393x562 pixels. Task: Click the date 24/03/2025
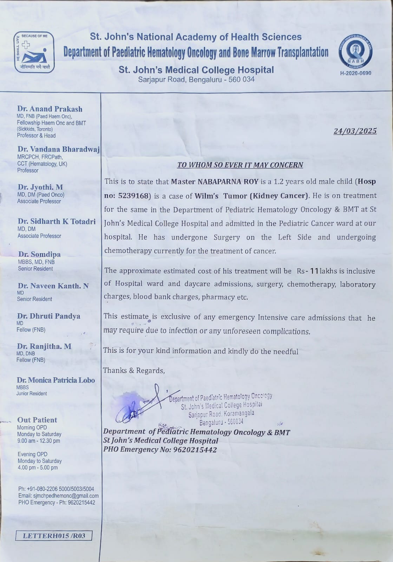tap(355, 131)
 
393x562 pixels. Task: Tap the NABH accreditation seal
tap(355, 53)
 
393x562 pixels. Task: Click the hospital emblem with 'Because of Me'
tap(34, 52)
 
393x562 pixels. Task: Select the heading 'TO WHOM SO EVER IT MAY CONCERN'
tap(240, 165)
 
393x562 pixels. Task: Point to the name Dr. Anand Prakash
tap(50, 109)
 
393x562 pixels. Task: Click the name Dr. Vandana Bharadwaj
tap(58, 149)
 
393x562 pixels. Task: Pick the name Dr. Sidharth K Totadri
tap(57, 221)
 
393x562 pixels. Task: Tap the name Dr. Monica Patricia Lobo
tap(56, 380)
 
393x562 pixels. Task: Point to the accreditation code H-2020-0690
tap(355, 73)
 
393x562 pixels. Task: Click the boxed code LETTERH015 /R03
tap(54, 536)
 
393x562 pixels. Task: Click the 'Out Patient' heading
tap(37, 420)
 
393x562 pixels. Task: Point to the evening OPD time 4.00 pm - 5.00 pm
tap(38, 468)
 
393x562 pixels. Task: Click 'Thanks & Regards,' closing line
tap(134, 371)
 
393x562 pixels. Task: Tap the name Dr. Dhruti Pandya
tap(49, 316)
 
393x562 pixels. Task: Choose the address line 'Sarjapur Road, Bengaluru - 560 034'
tap(196, 79)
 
